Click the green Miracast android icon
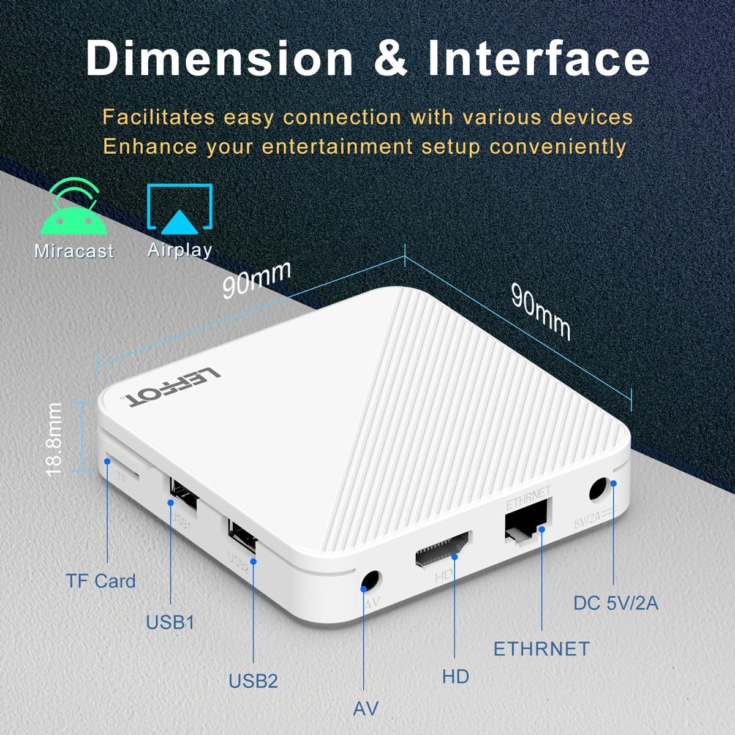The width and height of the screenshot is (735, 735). click(74, 208)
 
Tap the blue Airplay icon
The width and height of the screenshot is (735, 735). click(179, 210)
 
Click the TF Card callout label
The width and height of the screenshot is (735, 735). click(100, 581)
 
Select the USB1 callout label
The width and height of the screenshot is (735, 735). click(170, 622)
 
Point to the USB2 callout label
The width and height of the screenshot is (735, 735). click(253, 680)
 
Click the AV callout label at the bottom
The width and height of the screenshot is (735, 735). click(366, 709)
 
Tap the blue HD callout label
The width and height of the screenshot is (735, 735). click(456, 676)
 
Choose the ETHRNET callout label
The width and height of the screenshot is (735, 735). click(541, 649)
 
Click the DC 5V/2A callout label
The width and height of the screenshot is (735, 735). click(616, 603)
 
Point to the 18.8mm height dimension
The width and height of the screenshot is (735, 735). click(54, 439)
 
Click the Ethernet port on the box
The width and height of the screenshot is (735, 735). click(526, 522)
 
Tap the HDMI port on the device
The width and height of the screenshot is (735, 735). click(443, 549)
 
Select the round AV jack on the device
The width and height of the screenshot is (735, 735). click(371, 579)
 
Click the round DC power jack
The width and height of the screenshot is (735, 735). click(598, 490)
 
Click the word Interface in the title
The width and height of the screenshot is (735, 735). click(538, 58)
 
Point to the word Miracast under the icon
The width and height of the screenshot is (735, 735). click(74, 251)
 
